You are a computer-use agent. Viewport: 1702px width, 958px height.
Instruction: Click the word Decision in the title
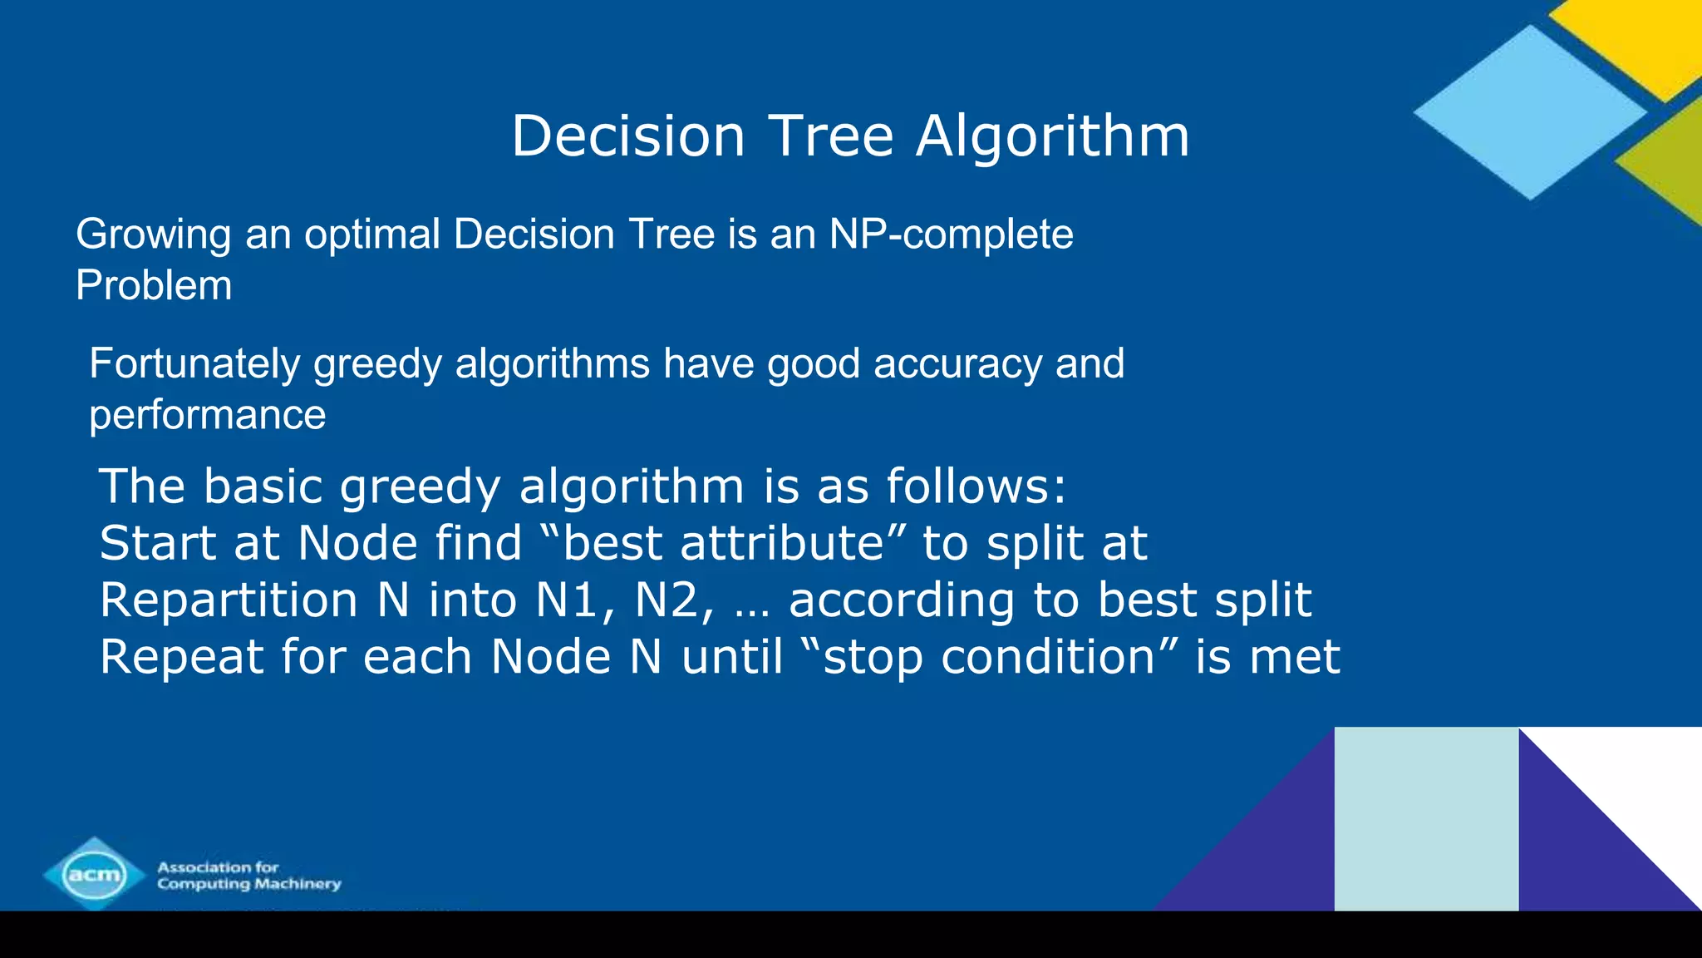627,136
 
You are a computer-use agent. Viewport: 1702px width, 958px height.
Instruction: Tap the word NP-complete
951,234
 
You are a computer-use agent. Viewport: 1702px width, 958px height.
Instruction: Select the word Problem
154,285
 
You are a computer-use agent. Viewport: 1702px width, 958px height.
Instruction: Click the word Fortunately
194,364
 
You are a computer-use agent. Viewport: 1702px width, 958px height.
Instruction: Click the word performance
207,415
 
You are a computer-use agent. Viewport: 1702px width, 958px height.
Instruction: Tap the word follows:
976,486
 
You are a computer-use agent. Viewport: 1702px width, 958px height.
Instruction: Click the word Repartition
229,600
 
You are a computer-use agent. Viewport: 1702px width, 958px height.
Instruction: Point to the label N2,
674,600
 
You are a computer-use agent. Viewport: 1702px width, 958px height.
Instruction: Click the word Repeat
180,657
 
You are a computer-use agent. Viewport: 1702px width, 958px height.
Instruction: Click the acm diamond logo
95,873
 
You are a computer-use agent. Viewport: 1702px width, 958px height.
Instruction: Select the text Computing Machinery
249,884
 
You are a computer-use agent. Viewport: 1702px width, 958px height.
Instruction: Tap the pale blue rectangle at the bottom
1426,818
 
